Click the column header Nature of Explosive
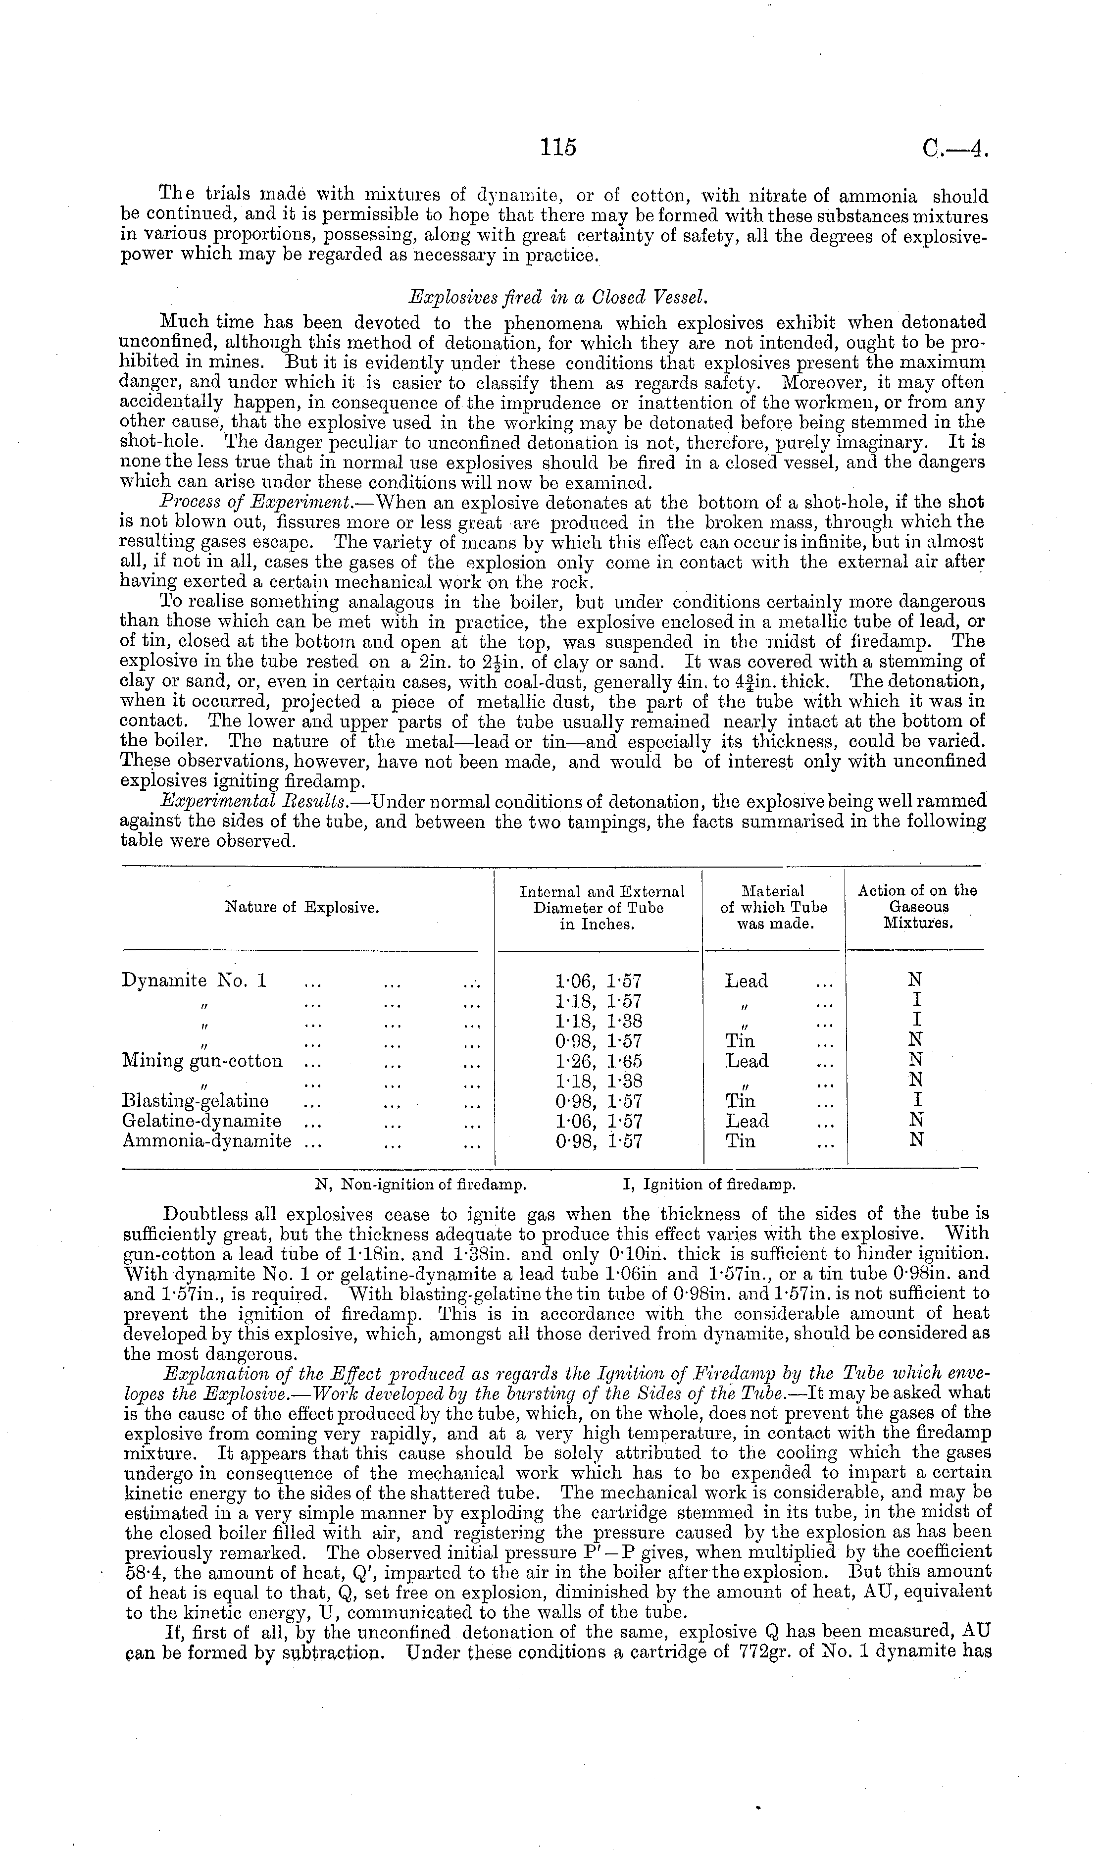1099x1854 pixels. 301,907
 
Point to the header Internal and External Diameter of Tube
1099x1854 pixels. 599,907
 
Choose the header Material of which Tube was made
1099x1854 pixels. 773,907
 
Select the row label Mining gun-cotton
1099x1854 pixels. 202,1061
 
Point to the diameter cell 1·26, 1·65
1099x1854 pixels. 599,1061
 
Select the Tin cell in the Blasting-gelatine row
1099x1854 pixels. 740,1101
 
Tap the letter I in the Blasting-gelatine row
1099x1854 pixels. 916,1101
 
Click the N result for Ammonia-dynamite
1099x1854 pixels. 916,1141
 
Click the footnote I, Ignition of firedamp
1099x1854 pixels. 709,1184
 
